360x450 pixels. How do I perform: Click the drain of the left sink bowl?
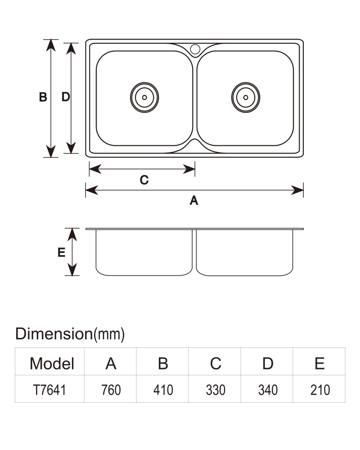tap(144, 97)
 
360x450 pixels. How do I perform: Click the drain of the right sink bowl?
tap(246, 97)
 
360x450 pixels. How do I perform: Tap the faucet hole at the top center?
tap(195, 49)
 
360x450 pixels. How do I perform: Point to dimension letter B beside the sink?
tap(43, 97)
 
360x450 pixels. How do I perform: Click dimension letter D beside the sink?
tap(66, 97)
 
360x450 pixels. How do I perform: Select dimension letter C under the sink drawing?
tap(144, 180)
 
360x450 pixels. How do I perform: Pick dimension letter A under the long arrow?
tap(194, 200)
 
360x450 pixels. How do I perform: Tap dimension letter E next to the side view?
tap(62, 252)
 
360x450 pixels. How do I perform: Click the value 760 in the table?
tap(111, 390)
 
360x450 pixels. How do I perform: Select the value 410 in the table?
tap(163, 390)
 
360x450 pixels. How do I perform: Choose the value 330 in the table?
tap(215, 390)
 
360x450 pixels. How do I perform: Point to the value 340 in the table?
tap(268, 390)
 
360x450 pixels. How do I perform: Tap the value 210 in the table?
tap(320, 390)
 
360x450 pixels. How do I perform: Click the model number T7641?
tap(49, 390)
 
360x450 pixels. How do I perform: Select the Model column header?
tap(52, 363)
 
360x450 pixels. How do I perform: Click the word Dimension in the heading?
tap(54, 334)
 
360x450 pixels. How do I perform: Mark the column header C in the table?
tap(215, 363)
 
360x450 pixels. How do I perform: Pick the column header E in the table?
tap(319, 363)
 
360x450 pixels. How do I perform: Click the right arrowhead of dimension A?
tap(297, 190)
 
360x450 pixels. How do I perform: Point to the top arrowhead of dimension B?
tap(51, 45)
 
